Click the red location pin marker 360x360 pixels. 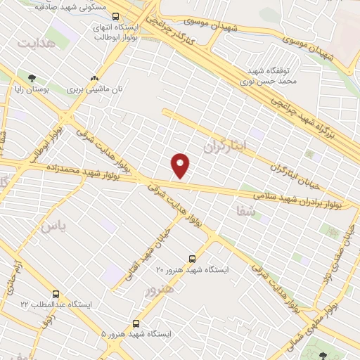(181, 165)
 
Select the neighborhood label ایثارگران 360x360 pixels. (226, 146)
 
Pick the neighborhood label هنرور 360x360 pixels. (157, 289)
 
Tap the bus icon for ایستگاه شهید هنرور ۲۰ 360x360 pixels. (194, 259)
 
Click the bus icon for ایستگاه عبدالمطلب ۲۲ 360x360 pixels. (56, 294)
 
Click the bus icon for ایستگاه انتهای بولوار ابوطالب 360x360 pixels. (115, 15)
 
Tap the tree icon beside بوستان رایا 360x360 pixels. (31, 78)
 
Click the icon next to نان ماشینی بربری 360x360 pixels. (94, 78)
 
